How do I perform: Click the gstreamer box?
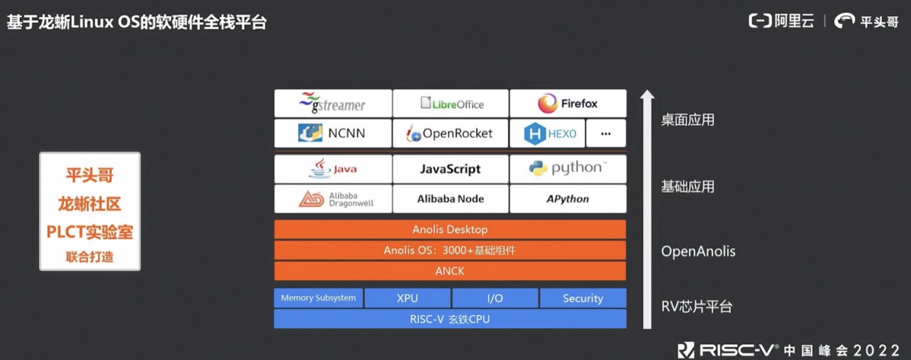pyautogui.click(x=333, y=104)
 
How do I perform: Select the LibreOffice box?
pyautogui.click(x=451, y=104)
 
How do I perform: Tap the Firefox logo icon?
pyautogui.click(x=547, y=104)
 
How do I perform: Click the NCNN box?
pyautogui.click(x=333, y=133)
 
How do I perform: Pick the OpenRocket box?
pyautogui.click(x=451, y=133)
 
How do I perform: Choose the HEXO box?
pyautogui.click(x=547, y=133)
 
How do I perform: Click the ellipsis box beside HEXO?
pyautogui.click(x=606, y=133)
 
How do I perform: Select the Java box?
pyautogui.click(x=333, y=169)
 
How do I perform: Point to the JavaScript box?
pyautogui.click(x=451, y=169)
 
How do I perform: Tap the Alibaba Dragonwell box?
pyautogui.click(x=333, y=199)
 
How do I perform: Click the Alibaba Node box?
pyautogui.click(x=451, y=199)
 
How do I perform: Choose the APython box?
pyautogui.click(x=568, y=199)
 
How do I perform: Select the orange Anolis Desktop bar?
pyautogui.click(x=450, y=229)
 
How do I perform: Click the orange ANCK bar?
pyautogui.click(x=450, y=271)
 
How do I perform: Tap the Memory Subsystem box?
pyautogui.click(x=318, y=298)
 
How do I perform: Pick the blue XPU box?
pyautogui.click(x=408, y=298)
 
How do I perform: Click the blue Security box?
pyautogui.click(x=583, y=298)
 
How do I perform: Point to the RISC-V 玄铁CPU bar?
pyautogui.click(x=450, y=319)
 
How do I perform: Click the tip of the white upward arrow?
pyautogui.click(x=646, y=93)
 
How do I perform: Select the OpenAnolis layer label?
pyautogui.click(x=698, y=251)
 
